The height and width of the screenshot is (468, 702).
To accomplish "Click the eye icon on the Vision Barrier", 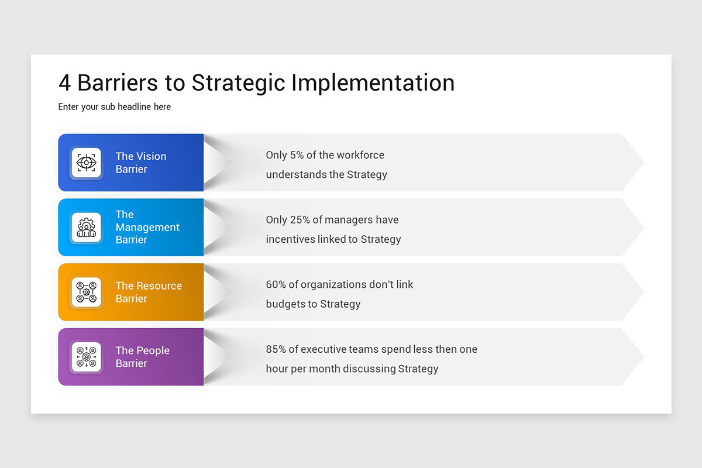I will (86, 163).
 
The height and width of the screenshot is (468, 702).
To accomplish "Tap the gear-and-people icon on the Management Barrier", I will (86, 227).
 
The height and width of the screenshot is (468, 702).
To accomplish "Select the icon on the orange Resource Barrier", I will (86, 292).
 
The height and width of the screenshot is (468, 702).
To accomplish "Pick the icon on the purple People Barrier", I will (86, 357).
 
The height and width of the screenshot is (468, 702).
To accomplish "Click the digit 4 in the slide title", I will (64, 83).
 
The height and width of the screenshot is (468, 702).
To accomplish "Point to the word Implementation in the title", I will (373, 83).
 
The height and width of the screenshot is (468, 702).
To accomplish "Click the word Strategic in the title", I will (239, 83).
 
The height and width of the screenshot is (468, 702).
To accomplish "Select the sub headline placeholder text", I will (115, 107).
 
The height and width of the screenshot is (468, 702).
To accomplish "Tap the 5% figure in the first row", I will (298, 156).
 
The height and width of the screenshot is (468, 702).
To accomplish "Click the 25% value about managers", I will (301, 220).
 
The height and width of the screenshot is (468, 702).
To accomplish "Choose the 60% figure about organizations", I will (276, 285).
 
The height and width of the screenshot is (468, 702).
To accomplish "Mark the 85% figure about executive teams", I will (276, 350).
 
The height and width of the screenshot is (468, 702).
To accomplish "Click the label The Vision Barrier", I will (140, 163).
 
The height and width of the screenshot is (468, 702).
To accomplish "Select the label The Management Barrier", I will (147, 227).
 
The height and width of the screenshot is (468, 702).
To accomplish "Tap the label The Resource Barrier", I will (148, 292).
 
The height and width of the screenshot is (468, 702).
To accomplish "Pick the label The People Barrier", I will (142, 357).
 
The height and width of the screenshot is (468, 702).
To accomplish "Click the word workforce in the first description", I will (360, 156).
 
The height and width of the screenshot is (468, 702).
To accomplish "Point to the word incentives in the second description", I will (290, 239).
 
